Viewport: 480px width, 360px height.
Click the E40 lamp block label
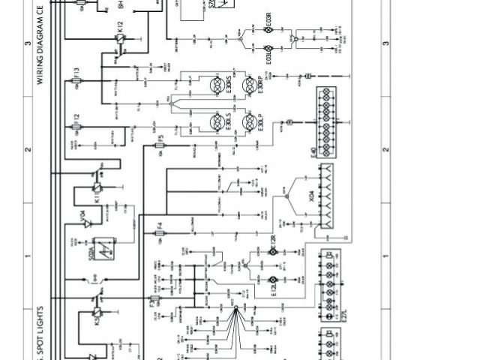(x=313, y=158)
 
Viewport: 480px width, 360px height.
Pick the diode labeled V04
(x=85, y=223)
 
